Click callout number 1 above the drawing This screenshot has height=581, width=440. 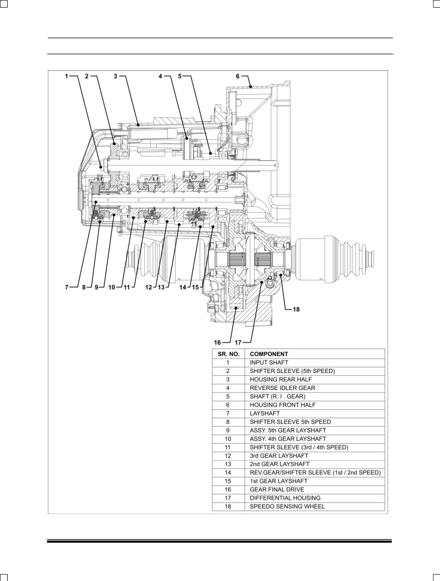(67, 76)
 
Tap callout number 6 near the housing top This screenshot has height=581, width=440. (238, 76)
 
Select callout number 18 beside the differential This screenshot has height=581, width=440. (296, 309)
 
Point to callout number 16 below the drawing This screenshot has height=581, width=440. (217, 342)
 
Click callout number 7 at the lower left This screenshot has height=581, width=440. (67, 287)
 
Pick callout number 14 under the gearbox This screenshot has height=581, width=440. (183, 287)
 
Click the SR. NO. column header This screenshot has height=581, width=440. (228, 354)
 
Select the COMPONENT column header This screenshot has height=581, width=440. (269, 354)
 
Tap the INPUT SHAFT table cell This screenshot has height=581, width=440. (269, 363)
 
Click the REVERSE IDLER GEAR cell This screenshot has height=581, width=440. (282, 388)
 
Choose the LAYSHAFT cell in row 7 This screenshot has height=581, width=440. (264, 413)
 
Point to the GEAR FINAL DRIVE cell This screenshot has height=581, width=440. (277, 489)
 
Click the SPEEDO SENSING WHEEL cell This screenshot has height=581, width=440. (287, 507)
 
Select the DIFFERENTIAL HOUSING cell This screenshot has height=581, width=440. (285, 498)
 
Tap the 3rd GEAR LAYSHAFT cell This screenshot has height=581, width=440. (279, 456)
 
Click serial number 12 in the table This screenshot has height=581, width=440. (228, 456)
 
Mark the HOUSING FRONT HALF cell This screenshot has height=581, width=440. (282, 405)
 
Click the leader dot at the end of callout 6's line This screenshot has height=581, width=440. (250, 86)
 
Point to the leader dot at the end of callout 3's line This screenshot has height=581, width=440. (138, 125)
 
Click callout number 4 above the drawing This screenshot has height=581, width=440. (160, 76)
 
